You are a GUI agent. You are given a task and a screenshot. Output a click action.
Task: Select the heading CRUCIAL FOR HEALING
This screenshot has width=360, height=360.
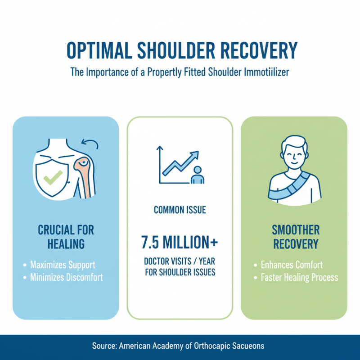point(66,237)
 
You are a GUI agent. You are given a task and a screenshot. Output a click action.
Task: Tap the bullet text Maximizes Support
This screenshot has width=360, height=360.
point(63,265)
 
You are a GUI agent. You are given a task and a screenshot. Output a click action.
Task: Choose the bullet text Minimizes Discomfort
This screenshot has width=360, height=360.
point(66,277)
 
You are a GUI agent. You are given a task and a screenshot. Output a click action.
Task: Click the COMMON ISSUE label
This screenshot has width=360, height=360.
point(180,210)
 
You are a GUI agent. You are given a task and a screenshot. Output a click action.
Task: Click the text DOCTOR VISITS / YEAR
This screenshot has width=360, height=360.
point(180,262)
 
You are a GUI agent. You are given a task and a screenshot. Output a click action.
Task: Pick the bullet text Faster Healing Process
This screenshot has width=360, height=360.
point(299,277)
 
